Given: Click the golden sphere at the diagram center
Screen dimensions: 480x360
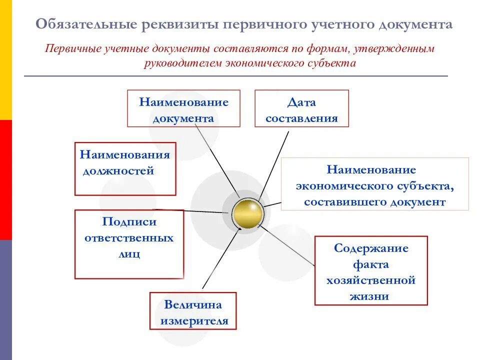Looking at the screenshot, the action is coord(247,213).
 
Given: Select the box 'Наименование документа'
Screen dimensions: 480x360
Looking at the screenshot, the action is coord(183,108).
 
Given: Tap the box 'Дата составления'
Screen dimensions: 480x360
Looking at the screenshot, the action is coord(301,108).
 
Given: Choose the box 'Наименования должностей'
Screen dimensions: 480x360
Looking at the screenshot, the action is coord(125,168).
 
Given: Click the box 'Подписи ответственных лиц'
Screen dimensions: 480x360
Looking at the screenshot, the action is coord(129,244).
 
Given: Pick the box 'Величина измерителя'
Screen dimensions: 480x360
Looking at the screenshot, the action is coord(193,311).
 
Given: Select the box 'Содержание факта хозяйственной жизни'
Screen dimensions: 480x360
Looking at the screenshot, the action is coord(371,270).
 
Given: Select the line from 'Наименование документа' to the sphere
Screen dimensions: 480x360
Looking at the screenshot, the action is coord(216,157).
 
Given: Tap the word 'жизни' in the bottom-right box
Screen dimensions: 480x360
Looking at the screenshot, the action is coord(371,296).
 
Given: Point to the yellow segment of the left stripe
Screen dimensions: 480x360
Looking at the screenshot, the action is coord(5,60).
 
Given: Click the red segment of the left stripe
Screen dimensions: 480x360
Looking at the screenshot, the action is coord(5,180).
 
